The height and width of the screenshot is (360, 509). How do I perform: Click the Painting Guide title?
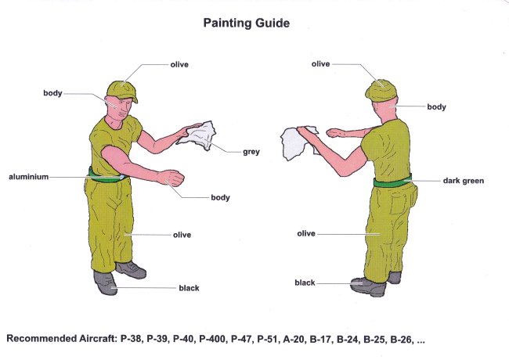(x=247, y=23)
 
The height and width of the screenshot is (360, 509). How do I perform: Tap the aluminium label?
(x=28, y=177)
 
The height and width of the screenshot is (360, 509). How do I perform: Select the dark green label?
(x=464, y=181)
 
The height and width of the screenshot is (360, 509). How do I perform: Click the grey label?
(x=251, y=152)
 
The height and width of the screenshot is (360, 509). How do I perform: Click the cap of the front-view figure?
(x=122, y=91)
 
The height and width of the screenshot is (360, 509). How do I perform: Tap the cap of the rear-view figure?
(x=381, y=91)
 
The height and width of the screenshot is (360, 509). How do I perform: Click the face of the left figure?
(x=121, y=108)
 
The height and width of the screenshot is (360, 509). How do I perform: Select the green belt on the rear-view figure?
(x=393, y=182)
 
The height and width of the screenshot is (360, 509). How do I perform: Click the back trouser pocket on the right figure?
(x=400, y=203)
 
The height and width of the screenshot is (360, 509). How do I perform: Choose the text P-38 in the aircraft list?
(x=131, y=339)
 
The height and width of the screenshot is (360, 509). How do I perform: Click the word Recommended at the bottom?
(x=42, y=339)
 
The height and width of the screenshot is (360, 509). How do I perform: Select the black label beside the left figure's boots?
(x=189, y=288)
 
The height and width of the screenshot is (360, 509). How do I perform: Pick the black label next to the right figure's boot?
(x=305, y=283)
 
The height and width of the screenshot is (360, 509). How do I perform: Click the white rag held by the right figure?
(x=296, y=143)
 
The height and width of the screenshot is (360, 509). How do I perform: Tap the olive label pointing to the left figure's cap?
(x=179, y=64)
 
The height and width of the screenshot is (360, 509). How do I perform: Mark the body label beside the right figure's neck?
(x=436, y=107)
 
